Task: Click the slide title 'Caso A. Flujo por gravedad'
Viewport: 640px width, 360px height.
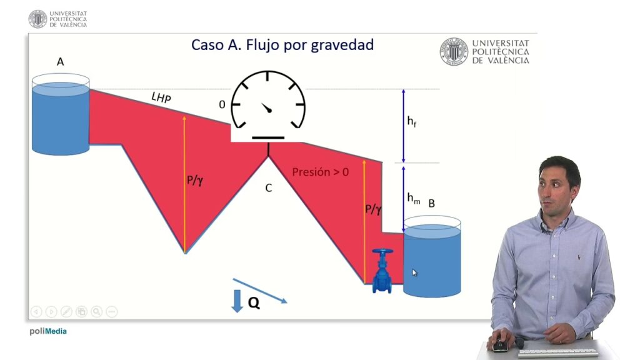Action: pyautogui.click(x=282, y=45)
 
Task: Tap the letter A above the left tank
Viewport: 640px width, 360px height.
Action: pyautogui.click(x=61, y=62)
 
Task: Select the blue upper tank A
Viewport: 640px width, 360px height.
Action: pyautogui.click(x=61, y=114)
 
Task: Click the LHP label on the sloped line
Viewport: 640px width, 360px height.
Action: pyautogui.click(x=161, y=97)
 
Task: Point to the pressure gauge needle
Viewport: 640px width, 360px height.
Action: pyautogui.click(x=266, y=107)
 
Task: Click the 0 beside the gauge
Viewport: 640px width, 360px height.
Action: pyautogui.click(x=222, y=104)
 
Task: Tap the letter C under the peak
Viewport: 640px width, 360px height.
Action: pyautogui.click(x=269, y=187)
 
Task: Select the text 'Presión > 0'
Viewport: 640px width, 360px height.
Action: pyautogui.click(x=321, y=172)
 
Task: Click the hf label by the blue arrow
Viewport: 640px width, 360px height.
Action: pyautogui.click(x=412, y=121)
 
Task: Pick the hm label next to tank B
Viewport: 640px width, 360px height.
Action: pyautogui.click(x=414, y=198)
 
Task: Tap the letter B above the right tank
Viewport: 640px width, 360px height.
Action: pyautogui.click(x=431, y=203)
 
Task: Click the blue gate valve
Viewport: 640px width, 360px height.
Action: pyautogui.click(x=382, y=271)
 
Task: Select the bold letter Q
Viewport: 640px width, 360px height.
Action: pyautogui.click(x=254, y=303)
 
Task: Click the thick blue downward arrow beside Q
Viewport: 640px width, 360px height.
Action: pyautogui.click(x=237, y=301)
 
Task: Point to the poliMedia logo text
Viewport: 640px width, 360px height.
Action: pyautogui.click(x=47, y=331)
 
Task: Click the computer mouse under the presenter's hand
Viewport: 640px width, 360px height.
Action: pyautogui.click(x=500, y=345)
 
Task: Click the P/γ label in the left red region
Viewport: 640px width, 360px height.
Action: pyautogui.click(x=195, y=180)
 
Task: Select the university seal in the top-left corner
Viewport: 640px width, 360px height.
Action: pyautogui.click(x=38, y=19)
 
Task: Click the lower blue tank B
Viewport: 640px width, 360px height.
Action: pyautogui.click(x=432, y=257)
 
